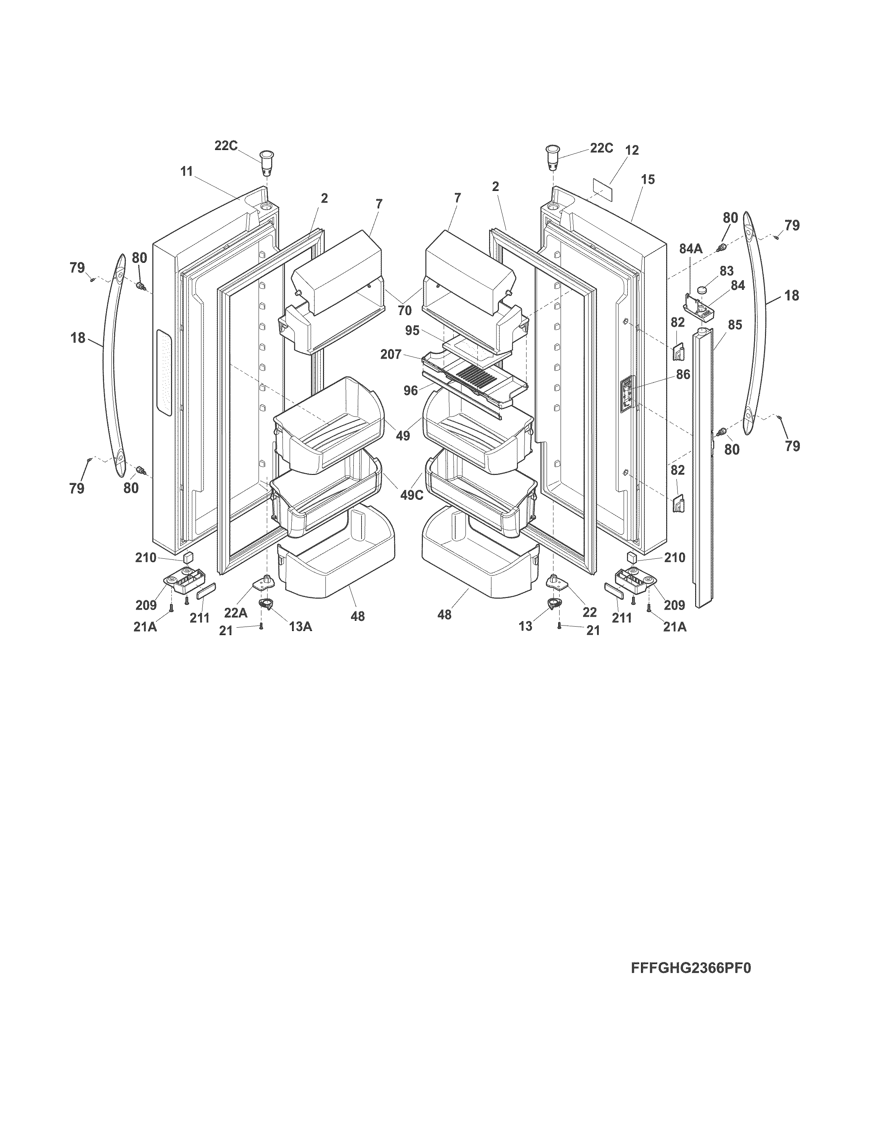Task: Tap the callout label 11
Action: pyautogui.click(x=186, y=171)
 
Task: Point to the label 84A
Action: pyautogui.click(x=690, y=249)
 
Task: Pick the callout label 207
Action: pyautogui.click(x=391, y=355)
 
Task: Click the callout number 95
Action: pyautogui.click(x=412, y=330)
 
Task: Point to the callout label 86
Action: pyautogui.click(x=683, y=374)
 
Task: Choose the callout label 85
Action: pyautogui.click(x=735, y=325)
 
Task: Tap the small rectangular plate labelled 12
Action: pyautogui.click(x=602, y=190)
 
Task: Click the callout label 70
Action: pyautogui.click(x=405, y=311)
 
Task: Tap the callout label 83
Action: pyautogui.click(x=727, y=270)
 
